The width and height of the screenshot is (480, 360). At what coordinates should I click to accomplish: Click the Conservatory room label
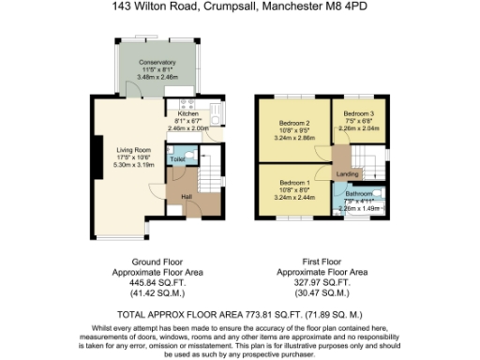(x=157, y=63)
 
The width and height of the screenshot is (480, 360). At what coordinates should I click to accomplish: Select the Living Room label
(x=134, y=149)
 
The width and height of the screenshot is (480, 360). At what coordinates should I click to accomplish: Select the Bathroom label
(x=358, y=194)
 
